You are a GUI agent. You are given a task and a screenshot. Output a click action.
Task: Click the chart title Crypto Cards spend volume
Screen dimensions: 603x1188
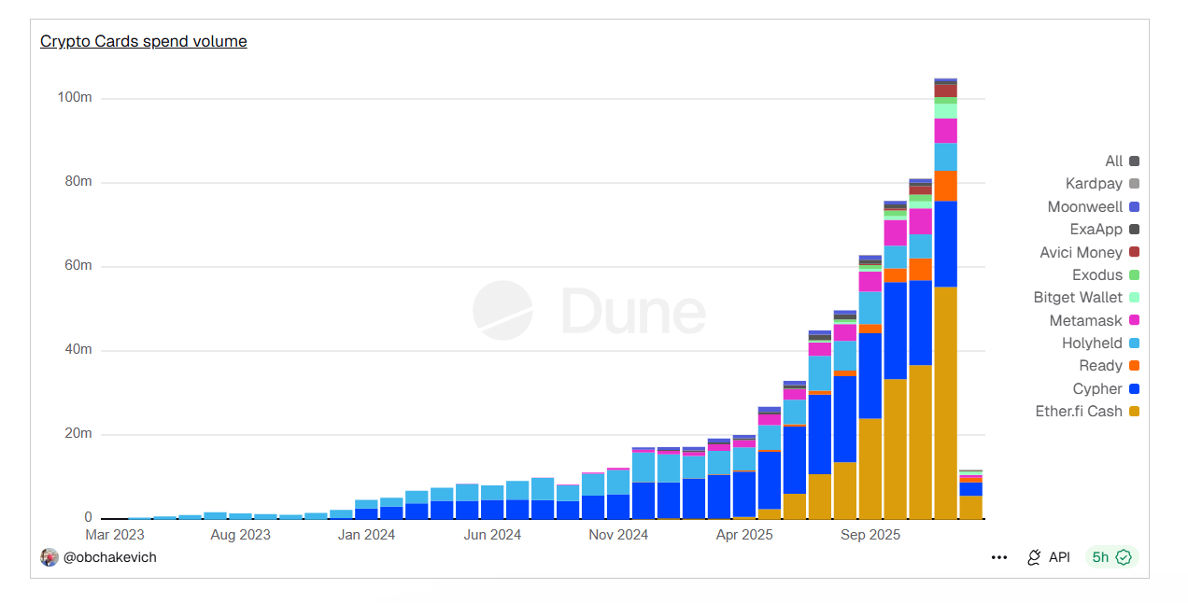(143, 41)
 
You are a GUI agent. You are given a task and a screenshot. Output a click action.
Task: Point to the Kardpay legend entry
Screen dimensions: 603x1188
(1094, 184)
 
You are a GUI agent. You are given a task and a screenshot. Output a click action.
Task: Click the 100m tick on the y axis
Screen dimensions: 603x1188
(74, 98)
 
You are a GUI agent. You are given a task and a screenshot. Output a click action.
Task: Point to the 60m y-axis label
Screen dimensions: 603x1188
(77, 266)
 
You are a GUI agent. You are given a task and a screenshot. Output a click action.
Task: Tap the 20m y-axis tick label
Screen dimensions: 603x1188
(77, 434)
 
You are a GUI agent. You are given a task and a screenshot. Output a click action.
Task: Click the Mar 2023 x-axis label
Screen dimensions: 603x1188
(115, 535)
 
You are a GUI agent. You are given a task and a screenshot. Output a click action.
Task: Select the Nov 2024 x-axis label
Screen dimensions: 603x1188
(618, 535)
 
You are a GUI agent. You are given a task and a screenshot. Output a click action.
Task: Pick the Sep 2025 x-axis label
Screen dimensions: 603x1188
(870, 535)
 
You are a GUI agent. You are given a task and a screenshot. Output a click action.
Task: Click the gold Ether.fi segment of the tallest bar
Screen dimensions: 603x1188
(945, 401)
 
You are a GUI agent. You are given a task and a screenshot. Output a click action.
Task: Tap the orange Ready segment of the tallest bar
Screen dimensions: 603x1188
(945, 186)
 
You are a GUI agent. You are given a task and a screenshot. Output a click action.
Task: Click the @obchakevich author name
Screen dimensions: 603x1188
(109, 557)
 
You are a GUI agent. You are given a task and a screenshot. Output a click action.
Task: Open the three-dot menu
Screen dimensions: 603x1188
(999, 557)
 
